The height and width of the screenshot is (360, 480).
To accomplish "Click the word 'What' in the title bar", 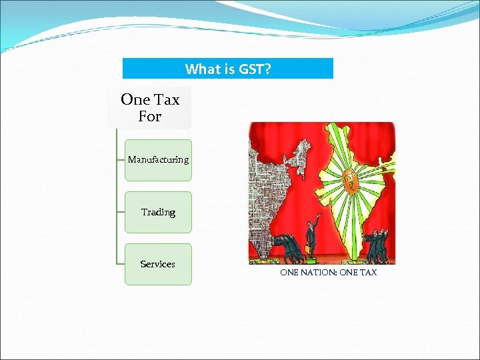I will click(200, 69).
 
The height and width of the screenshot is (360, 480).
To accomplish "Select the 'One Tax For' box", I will click(150, 107).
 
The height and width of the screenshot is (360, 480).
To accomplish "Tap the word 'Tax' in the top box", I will click(166, 99).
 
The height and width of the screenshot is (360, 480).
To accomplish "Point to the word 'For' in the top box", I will click(150, 117).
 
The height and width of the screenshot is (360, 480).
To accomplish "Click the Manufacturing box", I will click(158, 160).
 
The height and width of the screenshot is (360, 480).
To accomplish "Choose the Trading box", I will click(158, 212).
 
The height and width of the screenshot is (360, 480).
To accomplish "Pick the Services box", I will click(158, 264).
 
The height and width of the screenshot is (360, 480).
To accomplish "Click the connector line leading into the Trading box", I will click(120, 212).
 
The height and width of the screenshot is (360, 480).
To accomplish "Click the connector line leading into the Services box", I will click(120, 264).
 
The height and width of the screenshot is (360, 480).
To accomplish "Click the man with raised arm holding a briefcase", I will click(309, 237).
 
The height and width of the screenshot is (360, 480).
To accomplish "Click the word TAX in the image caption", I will click(368, 273).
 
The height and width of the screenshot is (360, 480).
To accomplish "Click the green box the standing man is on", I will click(311, 258).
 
